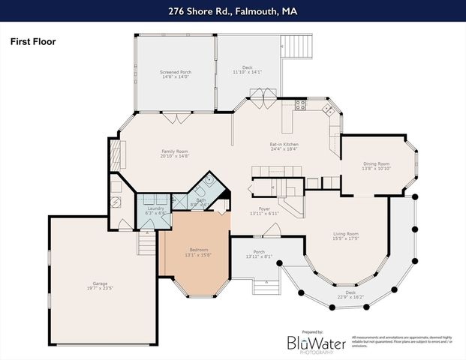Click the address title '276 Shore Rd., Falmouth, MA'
pyautogui.click(x=233, y=10)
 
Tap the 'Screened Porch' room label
pyautogui.click(x=174, y=73)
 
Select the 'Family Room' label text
pyautogui.click(x=174, y=151)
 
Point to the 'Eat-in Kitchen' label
pyautogui.click(x=284, y=144)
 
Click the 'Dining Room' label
pyautogui.click(x=376, y=163)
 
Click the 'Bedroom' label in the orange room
pyautogui.click(x=198, y=250)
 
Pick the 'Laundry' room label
pyautogui.click(x=155, y=209)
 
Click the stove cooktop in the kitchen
pyautogui.click(x=300, y=105)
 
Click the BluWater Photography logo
pyautogui.click(x=317, y=343)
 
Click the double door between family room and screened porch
pyautogui.click(x=176, y=117)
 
